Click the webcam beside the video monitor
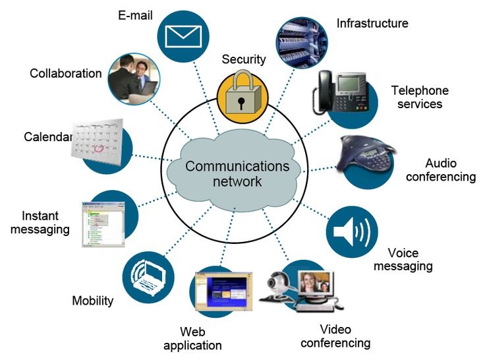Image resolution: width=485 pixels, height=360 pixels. click(278, 285)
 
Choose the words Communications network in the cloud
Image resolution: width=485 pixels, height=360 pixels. click(237, 173)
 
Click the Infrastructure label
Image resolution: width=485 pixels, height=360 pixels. click(372, 24)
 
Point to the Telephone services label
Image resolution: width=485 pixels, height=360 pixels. click(420, 97)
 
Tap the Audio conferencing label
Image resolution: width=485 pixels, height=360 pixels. click(441, 170)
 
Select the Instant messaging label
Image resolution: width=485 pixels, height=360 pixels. click(45, 223)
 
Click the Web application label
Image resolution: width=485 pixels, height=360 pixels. click(192, 338)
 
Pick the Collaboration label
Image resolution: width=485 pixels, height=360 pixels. click(66, 73)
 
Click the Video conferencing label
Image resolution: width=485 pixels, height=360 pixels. click(335, 336)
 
